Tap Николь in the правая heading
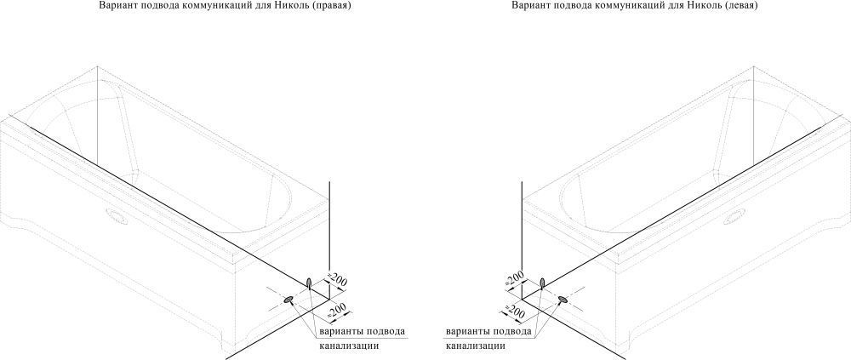coord(297,5)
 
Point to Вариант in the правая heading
coord(115,5)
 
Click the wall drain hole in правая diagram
coord(310,283)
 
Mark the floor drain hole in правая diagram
coord(288,300)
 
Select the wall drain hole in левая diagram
coord(542,283)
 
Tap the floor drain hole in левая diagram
coord(563,300)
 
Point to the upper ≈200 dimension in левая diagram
coord(515,278)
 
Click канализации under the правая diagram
coord(348,346)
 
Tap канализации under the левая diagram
coord(476,346)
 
